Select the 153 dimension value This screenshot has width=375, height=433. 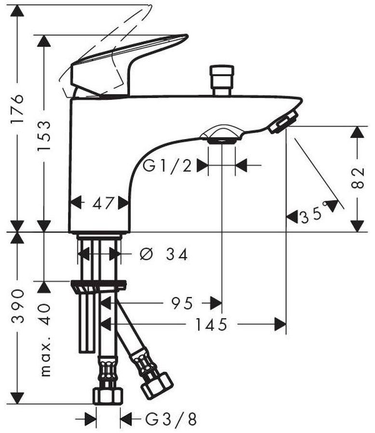pos(44,136)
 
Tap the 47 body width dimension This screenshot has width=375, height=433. pos(103,203)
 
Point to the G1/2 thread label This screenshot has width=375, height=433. pos(167,166)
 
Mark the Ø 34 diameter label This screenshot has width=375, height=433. pos(164,254)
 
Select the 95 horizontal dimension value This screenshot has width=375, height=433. pos(182,304)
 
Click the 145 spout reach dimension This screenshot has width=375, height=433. pos(212,324)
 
